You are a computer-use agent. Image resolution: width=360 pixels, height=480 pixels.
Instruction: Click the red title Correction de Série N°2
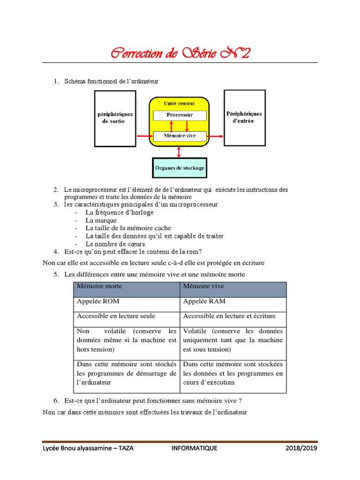[180, 53]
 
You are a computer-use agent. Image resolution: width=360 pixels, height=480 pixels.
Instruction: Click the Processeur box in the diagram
[180, 115]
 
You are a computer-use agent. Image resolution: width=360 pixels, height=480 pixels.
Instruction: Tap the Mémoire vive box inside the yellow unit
[180, 136]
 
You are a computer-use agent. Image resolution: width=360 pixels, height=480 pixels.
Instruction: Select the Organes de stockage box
[179, 168]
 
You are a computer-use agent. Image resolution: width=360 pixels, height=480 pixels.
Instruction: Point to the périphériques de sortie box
[115, 118]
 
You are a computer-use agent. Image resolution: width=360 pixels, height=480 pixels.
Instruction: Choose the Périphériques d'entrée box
[244, 117]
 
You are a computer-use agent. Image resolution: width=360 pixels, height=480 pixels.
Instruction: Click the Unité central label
[180, 103]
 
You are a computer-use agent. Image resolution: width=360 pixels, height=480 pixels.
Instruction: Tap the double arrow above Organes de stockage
[179, 152]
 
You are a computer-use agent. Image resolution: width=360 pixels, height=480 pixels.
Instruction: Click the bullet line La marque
[101, 220]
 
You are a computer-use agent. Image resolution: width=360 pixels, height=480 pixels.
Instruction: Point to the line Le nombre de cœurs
[115, 244]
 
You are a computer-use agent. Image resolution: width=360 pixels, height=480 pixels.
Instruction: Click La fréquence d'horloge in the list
[119, 212]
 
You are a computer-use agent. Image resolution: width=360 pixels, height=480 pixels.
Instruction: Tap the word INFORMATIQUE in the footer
[194, 448]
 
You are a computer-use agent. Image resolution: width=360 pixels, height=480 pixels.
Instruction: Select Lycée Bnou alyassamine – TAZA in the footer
[88, 448]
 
